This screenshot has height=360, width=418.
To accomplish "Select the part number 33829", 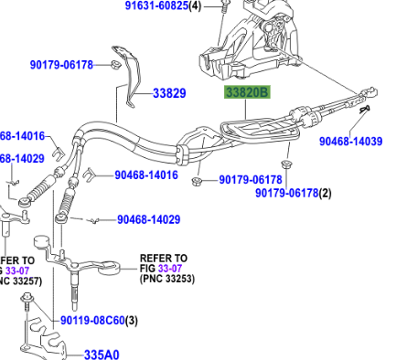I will tap(168, 93).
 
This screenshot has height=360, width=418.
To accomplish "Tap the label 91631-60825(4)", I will tap(165, 6).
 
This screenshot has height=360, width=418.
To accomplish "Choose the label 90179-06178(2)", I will tap(294, 193).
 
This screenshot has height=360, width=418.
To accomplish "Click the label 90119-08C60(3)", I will tap(99, 321).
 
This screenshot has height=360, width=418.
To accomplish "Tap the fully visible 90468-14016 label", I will tap(139, 174).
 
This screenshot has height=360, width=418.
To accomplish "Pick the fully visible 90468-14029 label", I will tap(148, 219).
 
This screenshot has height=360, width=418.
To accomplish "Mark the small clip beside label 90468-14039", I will tap(365, 110).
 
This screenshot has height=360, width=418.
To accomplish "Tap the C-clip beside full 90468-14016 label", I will tap(89, 172).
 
